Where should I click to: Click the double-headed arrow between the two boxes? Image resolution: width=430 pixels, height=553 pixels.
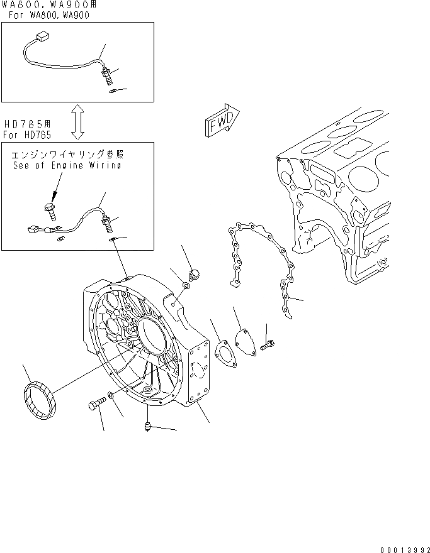click(x=78, y=122)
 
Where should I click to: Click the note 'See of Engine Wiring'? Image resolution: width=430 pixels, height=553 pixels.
click(x=67, y=166)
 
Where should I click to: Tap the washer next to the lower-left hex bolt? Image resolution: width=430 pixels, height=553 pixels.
click(x=111, y=395)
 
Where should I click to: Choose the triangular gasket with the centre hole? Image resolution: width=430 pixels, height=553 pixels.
click(x=223, y=352)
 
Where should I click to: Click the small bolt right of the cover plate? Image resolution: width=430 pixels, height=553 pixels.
click(x=269, y=342)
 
